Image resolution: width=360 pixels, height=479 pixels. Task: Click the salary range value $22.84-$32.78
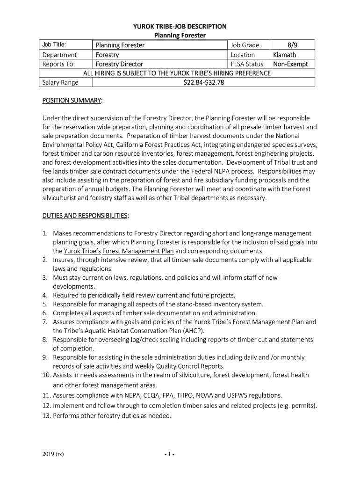203,83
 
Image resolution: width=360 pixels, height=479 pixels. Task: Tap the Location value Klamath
285,55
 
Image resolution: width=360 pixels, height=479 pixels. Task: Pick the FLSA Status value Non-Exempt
290,64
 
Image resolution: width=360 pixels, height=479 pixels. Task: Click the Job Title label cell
54,45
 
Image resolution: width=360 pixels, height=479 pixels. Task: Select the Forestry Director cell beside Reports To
119,64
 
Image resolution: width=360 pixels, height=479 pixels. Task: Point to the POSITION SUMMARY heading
72,101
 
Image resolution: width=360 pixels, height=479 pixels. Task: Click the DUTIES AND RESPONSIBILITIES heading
86,215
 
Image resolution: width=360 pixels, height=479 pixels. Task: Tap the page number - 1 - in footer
169,454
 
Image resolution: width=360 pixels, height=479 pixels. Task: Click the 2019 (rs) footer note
52,454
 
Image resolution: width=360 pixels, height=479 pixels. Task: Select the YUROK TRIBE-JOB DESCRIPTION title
180,27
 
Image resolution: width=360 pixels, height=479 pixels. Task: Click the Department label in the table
59,55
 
